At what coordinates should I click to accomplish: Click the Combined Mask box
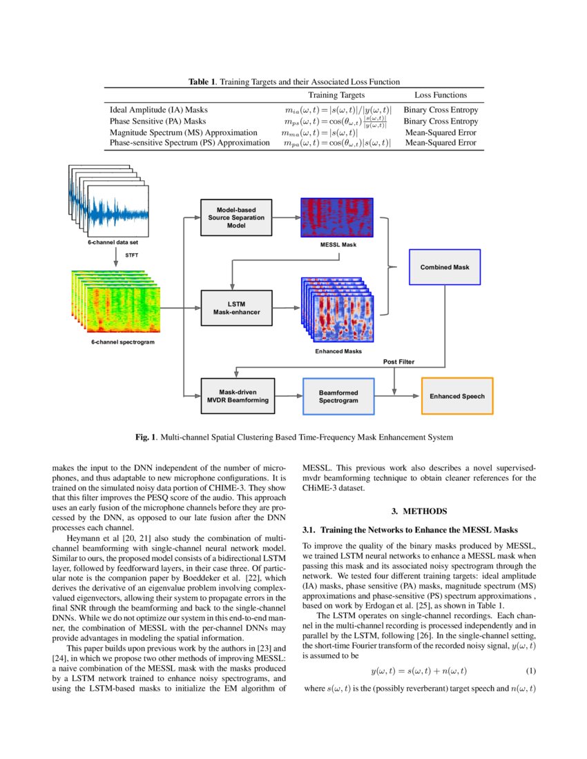pos(444,266)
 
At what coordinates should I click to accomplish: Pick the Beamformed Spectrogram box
pos(338,396)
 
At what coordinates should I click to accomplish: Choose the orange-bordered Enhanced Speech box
pos(456,396)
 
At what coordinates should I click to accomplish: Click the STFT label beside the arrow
pos(131,255)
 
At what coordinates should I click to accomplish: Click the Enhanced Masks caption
pos(338,351)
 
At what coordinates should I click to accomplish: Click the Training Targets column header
pos(336,95)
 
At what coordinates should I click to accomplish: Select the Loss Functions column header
pos(440,95)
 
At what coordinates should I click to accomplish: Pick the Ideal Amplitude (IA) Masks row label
pos(159,110)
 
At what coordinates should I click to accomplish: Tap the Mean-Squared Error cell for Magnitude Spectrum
pos(440,132)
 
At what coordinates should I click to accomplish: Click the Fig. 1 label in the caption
pos(144,437)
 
